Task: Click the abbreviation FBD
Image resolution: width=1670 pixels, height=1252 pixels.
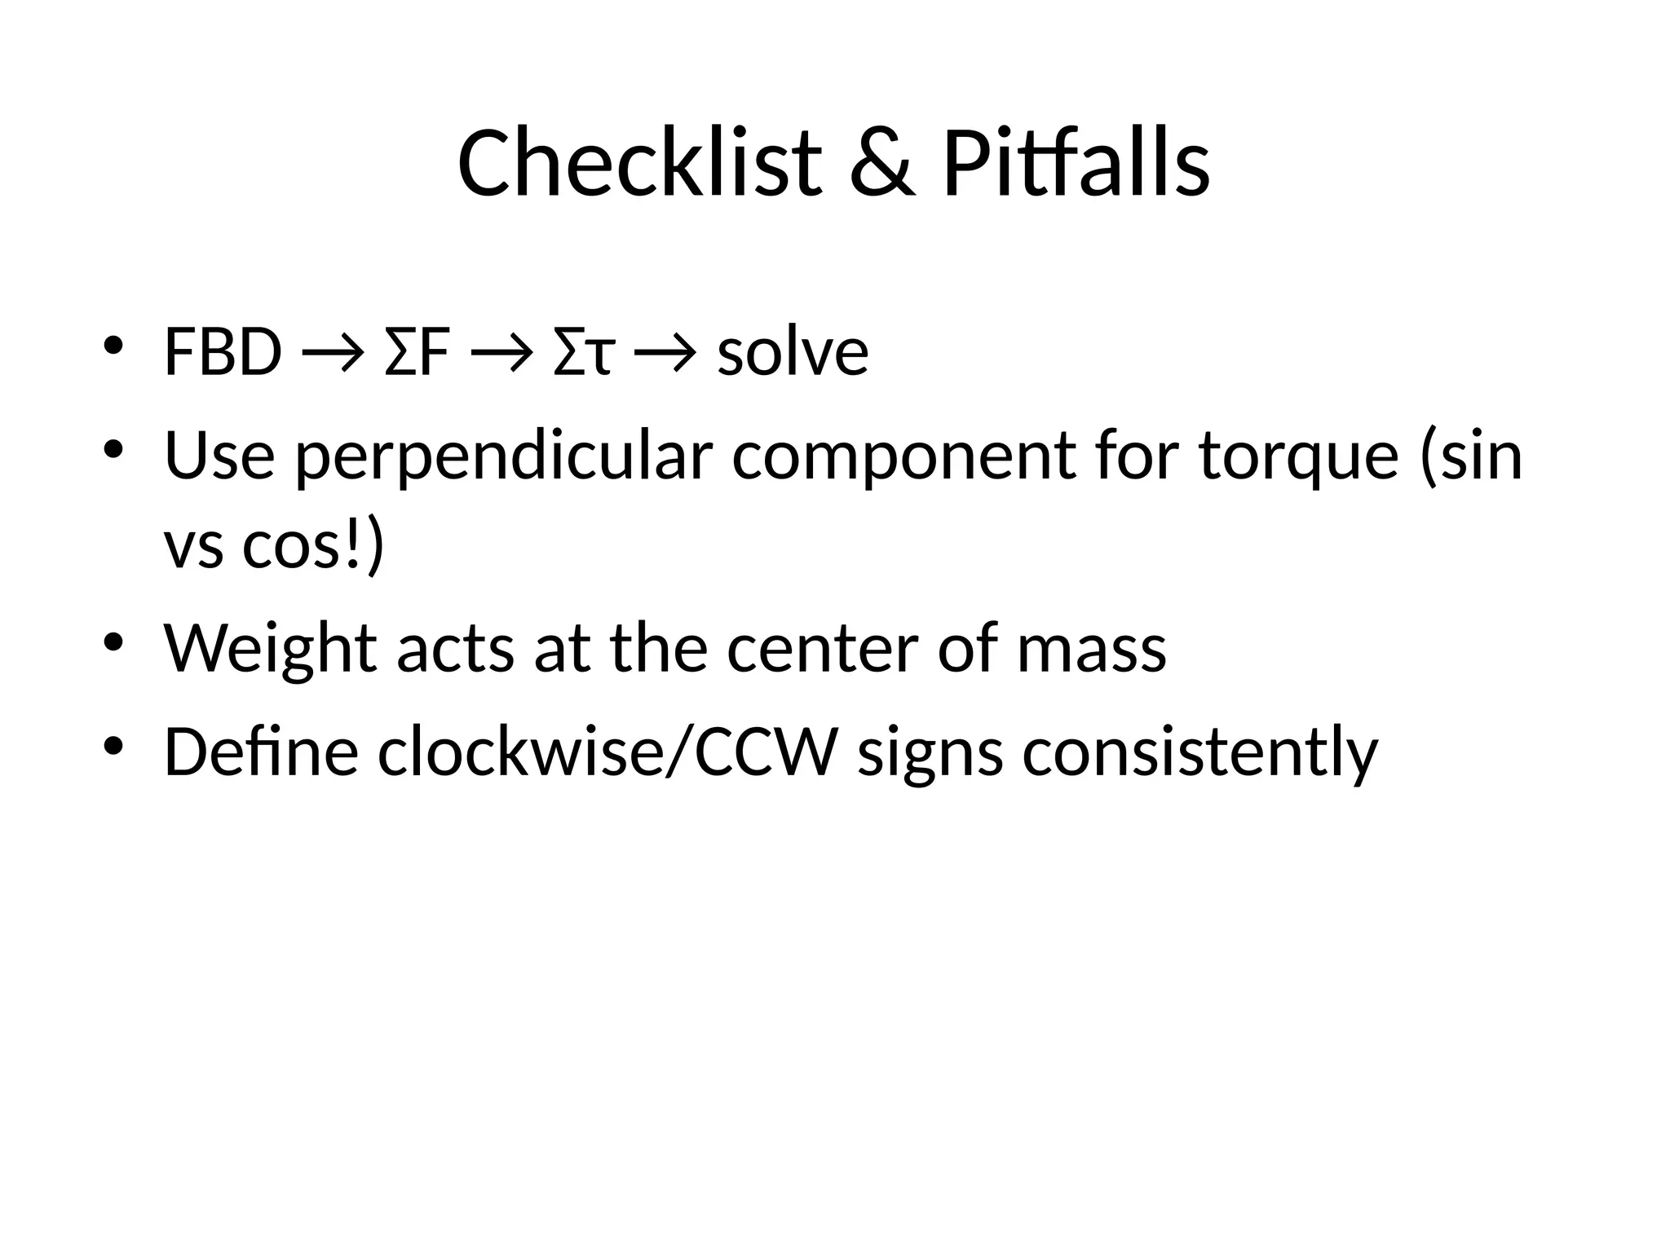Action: coord(223,353)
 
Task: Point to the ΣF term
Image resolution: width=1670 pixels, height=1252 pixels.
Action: coord(417,353)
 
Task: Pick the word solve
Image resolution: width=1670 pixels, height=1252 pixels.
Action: coord(793,353)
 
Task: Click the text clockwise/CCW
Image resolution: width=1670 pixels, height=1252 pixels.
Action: coord(607,752)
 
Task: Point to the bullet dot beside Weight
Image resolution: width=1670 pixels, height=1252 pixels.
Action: coord(113,642)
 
